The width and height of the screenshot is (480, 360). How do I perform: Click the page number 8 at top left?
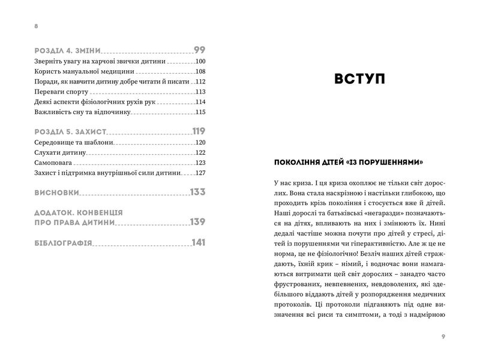click(37, 26)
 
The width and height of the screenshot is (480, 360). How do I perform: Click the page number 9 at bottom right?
click(443, 336)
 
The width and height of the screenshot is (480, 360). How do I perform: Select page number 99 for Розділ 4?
click(200, 50)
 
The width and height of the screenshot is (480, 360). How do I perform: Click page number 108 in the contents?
click(200, 71)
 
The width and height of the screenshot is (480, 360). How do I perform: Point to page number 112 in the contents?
click(200, 82)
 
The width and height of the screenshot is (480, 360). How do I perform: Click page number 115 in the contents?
click(200, 112)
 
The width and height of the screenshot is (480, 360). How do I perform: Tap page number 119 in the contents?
click(199, 131)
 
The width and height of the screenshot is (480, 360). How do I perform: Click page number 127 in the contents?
click(200, 173)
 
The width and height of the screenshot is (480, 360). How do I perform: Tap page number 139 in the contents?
click(199, 221)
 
